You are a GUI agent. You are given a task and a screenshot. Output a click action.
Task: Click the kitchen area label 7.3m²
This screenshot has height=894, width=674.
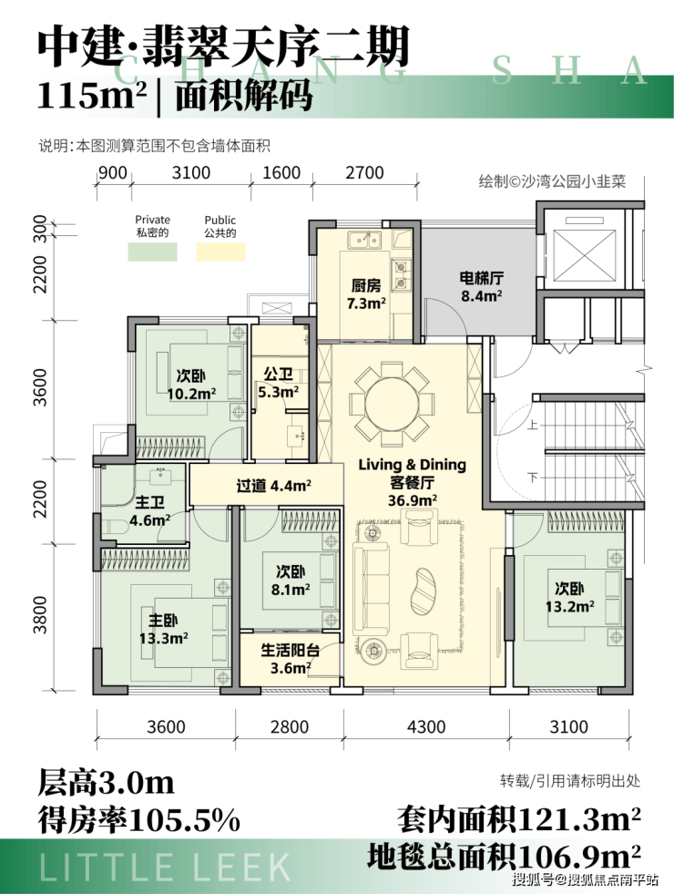pos(366,303)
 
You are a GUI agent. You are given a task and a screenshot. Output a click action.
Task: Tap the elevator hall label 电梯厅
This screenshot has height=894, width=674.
pos(482,278)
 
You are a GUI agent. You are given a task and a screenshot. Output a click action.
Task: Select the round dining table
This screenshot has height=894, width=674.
pos(389,406)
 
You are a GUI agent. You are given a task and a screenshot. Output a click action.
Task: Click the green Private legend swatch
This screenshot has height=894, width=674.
pos(152,252)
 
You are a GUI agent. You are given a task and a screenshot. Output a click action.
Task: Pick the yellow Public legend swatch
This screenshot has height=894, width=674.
pos(220,252)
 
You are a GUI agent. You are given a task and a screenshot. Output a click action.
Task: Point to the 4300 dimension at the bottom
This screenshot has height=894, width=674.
pos(425,726)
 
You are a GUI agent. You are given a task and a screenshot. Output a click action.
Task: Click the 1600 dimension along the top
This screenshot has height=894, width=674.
pos(281,172)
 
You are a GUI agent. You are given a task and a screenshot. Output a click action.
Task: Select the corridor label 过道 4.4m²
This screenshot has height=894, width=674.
pos(273,486)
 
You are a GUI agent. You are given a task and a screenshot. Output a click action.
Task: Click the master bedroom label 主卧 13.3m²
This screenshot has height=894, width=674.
pos(164,629)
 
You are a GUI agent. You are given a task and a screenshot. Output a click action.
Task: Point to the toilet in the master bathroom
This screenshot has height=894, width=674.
pos(110,526)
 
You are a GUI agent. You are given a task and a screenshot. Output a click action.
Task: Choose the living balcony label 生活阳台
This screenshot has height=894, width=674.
pos(290,651)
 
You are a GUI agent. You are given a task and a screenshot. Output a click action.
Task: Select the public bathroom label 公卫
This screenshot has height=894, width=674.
pos(278,375)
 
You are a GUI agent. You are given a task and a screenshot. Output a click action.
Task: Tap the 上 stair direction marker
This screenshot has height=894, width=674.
pos(533,425)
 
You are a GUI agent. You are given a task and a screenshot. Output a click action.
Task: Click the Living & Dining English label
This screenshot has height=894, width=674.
pos(412,465)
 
